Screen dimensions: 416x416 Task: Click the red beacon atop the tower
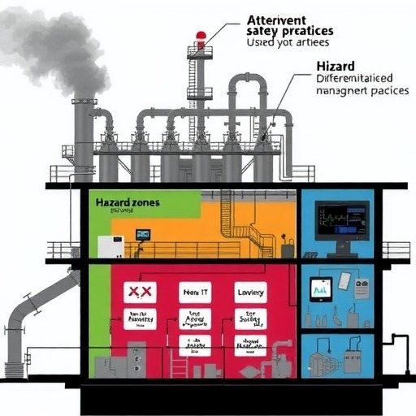201,37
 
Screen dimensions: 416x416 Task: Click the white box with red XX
140,292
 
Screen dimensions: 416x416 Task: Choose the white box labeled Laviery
250,292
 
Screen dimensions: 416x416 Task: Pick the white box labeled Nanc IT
194,292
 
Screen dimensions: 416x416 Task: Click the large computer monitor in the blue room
341,219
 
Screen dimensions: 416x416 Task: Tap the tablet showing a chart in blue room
320,288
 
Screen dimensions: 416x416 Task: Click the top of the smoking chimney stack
84,102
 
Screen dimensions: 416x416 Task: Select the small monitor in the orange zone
143,235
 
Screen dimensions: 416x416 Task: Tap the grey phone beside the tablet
344,280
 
